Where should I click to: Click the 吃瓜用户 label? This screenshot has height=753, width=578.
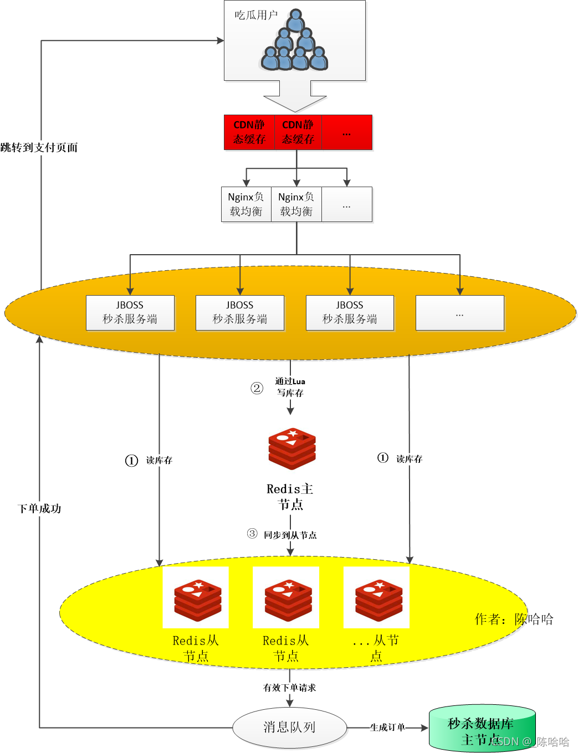point(256,15)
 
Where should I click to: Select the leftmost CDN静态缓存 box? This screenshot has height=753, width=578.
point(249,132)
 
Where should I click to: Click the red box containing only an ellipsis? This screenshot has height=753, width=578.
point(346,132)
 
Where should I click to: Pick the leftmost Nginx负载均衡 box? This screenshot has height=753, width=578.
point(246,204)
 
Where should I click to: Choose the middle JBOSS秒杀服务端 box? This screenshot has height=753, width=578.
point(239,313)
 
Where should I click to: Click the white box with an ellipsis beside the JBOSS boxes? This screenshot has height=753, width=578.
point(459,313)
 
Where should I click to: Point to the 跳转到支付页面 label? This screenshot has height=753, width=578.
point(39,147)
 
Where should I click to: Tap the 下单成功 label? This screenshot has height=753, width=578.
point(39,508)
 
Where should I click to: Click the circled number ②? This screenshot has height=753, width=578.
point(257,388)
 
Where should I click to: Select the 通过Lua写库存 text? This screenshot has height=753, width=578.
point(290,387)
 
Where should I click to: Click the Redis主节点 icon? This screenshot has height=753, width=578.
point(292,448)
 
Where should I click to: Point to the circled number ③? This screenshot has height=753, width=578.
point(252,534)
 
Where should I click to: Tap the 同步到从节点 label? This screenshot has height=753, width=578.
point(290,535)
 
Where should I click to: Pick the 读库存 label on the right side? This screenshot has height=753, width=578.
point(410,459)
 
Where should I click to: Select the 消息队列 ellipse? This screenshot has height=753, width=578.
point(289,727)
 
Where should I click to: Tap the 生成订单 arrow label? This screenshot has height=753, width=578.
point(387,728)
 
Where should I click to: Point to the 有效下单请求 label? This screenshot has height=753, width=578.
point(290,688)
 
